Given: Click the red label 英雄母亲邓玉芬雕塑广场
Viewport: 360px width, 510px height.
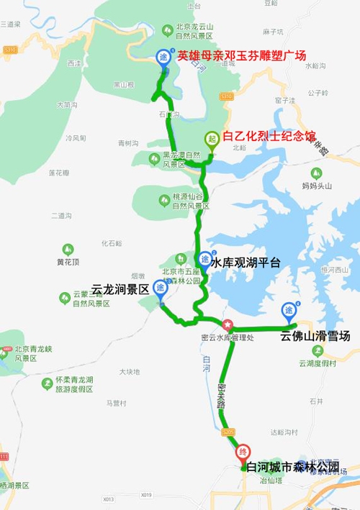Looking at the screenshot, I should (242, 55).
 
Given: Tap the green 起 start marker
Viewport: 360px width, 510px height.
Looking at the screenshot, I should (212, 139).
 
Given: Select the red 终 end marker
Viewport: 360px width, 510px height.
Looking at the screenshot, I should (243, 452).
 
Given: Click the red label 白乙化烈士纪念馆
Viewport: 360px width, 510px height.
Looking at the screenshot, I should (269, 136).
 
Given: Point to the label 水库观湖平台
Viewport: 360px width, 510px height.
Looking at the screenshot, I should (246, 263).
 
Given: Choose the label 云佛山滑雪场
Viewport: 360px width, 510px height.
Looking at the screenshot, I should (315, 335).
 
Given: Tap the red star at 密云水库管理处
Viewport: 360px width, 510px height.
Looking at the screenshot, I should (228, 325).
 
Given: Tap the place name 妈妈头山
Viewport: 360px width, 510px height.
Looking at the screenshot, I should (318, 186).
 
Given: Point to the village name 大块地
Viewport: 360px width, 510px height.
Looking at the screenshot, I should (130, 372).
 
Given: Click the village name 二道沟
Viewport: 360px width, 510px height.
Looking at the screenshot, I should (62, 216).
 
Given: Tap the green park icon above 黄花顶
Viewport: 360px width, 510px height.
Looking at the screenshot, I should (68, 248).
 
